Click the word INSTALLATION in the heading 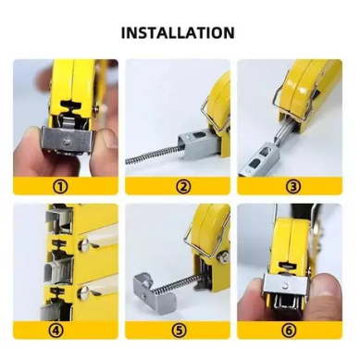coord(178,32)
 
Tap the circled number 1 coord(61,186)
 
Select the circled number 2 coord(183,186)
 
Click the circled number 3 coord(293,186)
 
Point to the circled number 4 coord(56,330)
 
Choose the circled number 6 coord(289,330)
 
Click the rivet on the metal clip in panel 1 coord(67,143)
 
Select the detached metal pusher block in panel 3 coord(256,159)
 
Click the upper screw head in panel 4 coord(84,244)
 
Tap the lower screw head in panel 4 coord(84,292)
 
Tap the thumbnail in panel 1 coord(109,139)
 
